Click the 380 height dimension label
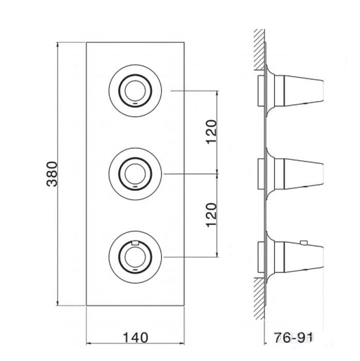tap(52, 174)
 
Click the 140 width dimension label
tap(136, 338)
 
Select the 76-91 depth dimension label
tap(293, 338)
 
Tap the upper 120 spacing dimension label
tap(211, 132)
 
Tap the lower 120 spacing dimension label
tap(211, 215)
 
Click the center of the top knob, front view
tap(135, 91)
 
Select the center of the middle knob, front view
tap(135, 174)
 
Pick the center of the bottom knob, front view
tap(135, 257)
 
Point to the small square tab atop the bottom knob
tap(135, 243)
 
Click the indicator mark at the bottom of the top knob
tap(135, 104)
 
